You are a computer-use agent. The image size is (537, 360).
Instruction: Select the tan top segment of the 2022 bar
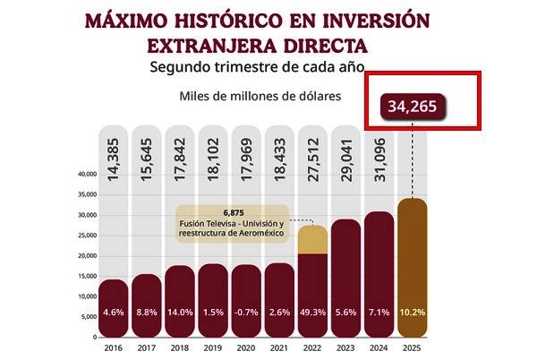(312, 239)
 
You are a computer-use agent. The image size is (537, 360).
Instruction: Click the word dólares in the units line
(314, 96)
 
